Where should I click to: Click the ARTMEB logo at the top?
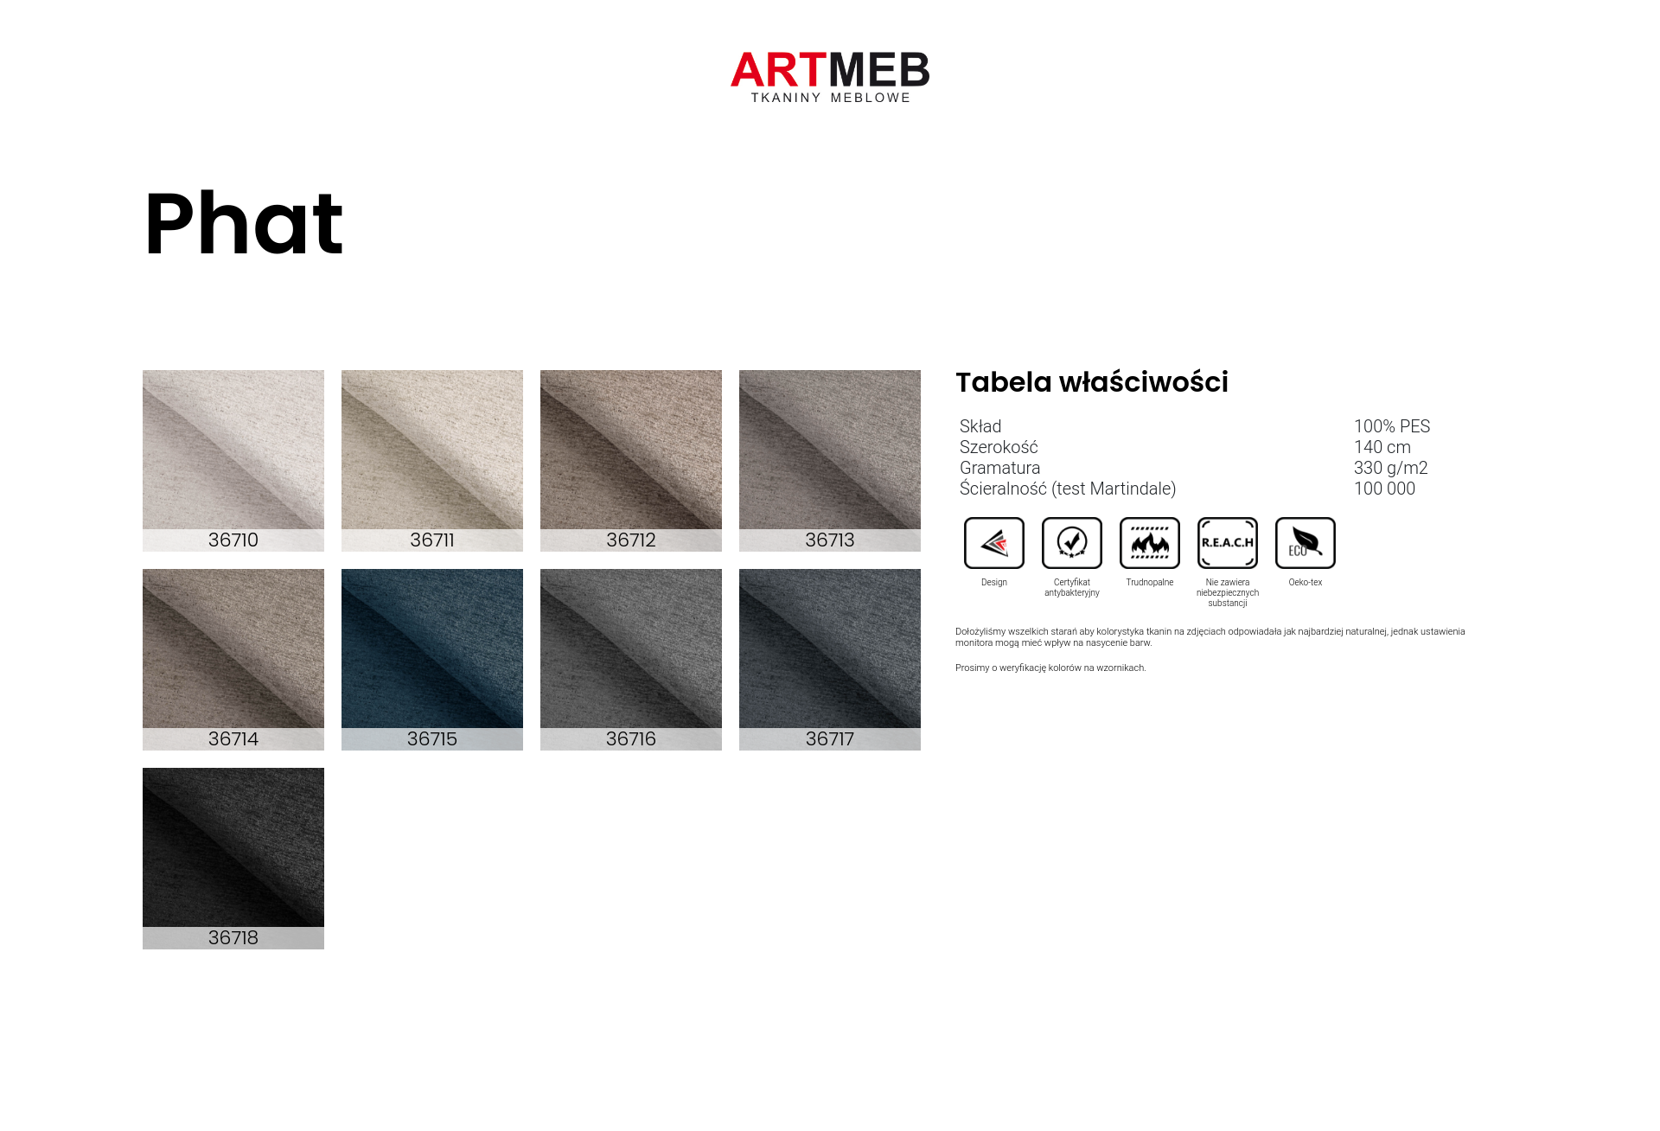point(830,77)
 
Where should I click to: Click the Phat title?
point(244,224)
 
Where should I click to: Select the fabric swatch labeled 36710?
point(233,461)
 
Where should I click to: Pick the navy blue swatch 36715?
point(432,660)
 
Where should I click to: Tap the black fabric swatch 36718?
point(233,859)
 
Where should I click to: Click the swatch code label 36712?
point(631,540)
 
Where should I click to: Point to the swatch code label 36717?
point(830,739)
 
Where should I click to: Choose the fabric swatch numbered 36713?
point(830,461)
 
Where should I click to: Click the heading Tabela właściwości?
point(1092,382)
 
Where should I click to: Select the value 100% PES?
point(1392,426)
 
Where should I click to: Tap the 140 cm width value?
point(1382,447)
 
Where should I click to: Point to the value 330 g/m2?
point(1391,468)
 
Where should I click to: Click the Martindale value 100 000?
point(1385,489)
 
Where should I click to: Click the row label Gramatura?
point(1000,468)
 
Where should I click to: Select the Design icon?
point(994,543)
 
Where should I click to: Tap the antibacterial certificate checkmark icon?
point(1072,543)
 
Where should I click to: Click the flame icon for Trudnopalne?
point(1150,543)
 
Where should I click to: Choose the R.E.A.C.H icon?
point(1228,543)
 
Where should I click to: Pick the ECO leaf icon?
point(1306,543)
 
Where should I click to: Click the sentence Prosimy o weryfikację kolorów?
point(1050,668)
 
